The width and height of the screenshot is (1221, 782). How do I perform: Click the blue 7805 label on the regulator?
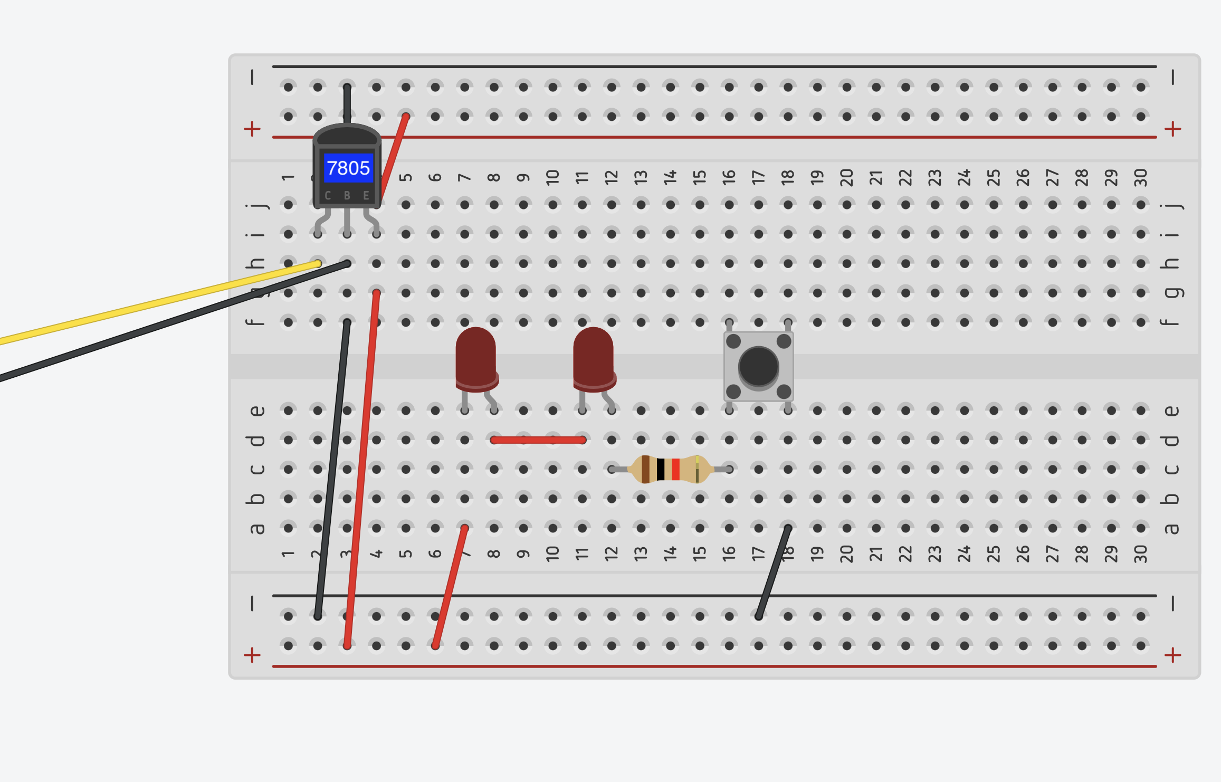click(348, 168)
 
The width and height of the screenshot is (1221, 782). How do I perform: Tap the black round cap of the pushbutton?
click(758, 367)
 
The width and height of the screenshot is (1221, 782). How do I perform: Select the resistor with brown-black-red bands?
click(671, 469)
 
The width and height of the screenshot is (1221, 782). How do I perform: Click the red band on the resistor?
click(675, 469)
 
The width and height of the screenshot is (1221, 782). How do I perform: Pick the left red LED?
click(476, 359)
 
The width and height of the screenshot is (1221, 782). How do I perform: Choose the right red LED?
click(594, 359)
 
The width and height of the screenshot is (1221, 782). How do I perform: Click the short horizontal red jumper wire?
click(538, 440)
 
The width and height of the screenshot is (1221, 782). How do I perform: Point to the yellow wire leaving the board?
click(158, 303)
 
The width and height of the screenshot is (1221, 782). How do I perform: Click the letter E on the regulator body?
click(366, 196)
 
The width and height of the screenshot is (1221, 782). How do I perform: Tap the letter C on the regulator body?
click(328, 196)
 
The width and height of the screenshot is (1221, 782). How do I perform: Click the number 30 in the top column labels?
click(1140, 177)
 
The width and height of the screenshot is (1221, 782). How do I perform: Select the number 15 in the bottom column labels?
click(699, 553)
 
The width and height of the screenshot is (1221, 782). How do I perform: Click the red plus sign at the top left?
click(252, 129)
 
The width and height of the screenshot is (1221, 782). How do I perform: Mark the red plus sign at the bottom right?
click(1172, 655)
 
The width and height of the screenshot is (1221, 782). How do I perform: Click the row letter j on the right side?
click(1171, 205)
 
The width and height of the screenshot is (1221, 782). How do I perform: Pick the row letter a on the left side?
click(256, 528)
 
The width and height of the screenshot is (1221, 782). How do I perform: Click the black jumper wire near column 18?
click(773, 571)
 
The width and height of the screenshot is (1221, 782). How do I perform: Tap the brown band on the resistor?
click(645, 469)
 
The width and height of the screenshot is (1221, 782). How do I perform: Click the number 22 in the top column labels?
click(905, 177)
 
